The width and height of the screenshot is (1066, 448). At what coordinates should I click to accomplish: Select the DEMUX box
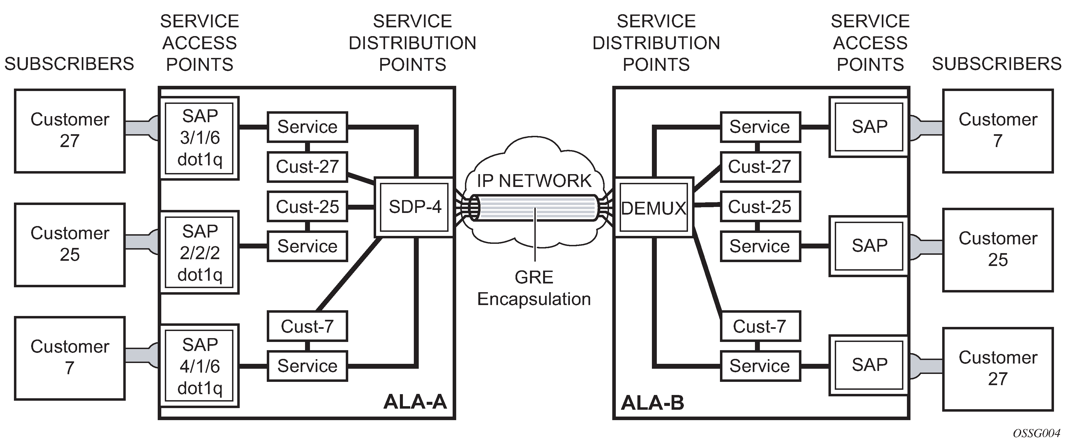654,208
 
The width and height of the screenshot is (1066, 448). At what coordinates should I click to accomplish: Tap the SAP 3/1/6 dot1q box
200,138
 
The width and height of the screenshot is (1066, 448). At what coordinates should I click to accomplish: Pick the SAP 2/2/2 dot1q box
200,252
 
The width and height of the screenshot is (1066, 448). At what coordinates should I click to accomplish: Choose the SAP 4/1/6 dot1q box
200,366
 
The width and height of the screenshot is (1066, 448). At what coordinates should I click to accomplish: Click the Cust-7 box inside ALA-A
307,326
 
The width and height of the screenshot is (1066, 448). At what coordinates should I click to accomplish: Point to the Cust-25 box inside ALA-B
760,206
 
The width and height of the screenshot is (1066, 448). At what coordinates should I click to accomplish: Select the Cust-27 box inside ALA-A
307,167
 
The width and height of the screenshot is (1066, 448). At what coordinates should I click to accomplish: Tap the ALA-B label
653,403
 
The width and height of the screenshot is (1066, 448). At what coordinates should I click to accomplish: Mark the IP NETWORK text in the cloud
534,181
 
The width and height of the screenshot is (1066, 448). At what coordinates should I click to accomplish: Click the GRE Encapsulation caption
534,288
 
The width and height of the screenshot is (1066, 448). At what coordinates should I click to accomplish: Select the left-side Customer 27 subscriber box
69,130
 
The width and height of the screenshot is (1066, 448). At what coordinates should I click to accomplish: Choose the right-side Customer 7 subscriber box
998,130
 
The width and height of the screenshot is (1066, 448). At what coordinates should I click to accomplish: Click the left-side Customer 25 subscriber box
69,244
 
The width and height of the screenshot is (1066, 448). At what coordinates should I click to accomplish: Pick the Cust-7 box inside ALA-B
760,326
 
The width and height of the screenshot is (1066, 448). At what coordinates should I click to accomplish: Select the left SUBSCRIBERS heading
69,64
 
